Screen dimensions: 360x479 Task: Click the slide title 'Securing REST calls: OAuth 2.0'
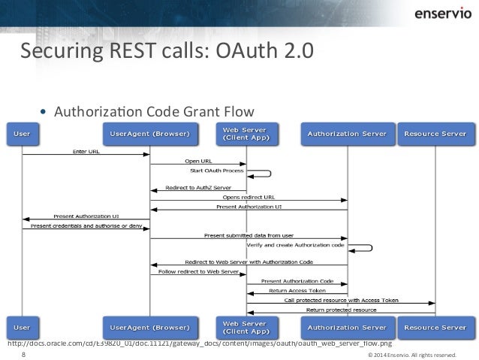[164, 54]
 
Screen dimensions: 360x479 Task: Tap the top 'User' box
[23, 134]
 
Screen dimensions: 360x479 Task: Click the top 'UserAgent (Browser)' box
[150, 134]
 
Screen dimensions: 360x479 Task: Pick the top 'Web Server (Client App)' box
[247, 134]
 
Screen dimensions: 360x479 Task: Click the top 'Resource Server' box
[435, 134]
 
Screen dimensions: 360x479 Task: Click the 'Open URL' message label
[198, 161]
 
